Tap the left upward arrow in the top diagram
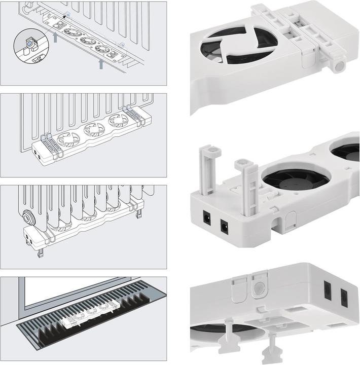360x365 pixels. (55, 37)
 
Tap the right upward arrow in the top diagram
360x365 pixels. (101, 63)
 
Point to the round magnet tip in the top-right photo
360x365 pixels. (339, 65)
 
